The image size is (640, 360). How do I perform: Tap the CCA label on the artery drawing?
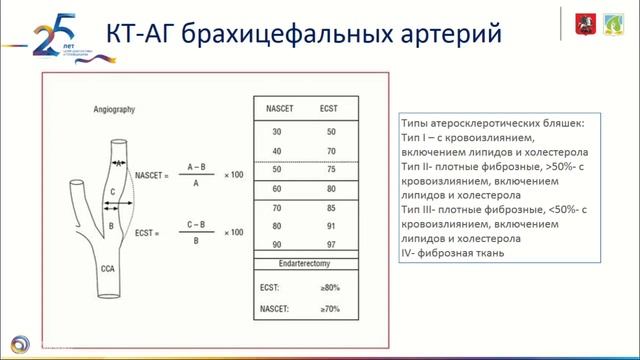click(x=109, y=268)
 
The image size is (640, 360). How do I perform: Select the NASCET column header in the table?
click(x=271, y=106)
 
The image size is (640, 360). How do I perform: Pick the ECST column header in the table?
click(x=325, y=106)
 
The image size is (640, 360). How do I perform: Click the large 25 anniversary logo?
click(x=45, y=35)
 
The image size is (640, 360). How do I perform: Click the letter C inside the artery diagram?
click(x=113, y=190)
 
